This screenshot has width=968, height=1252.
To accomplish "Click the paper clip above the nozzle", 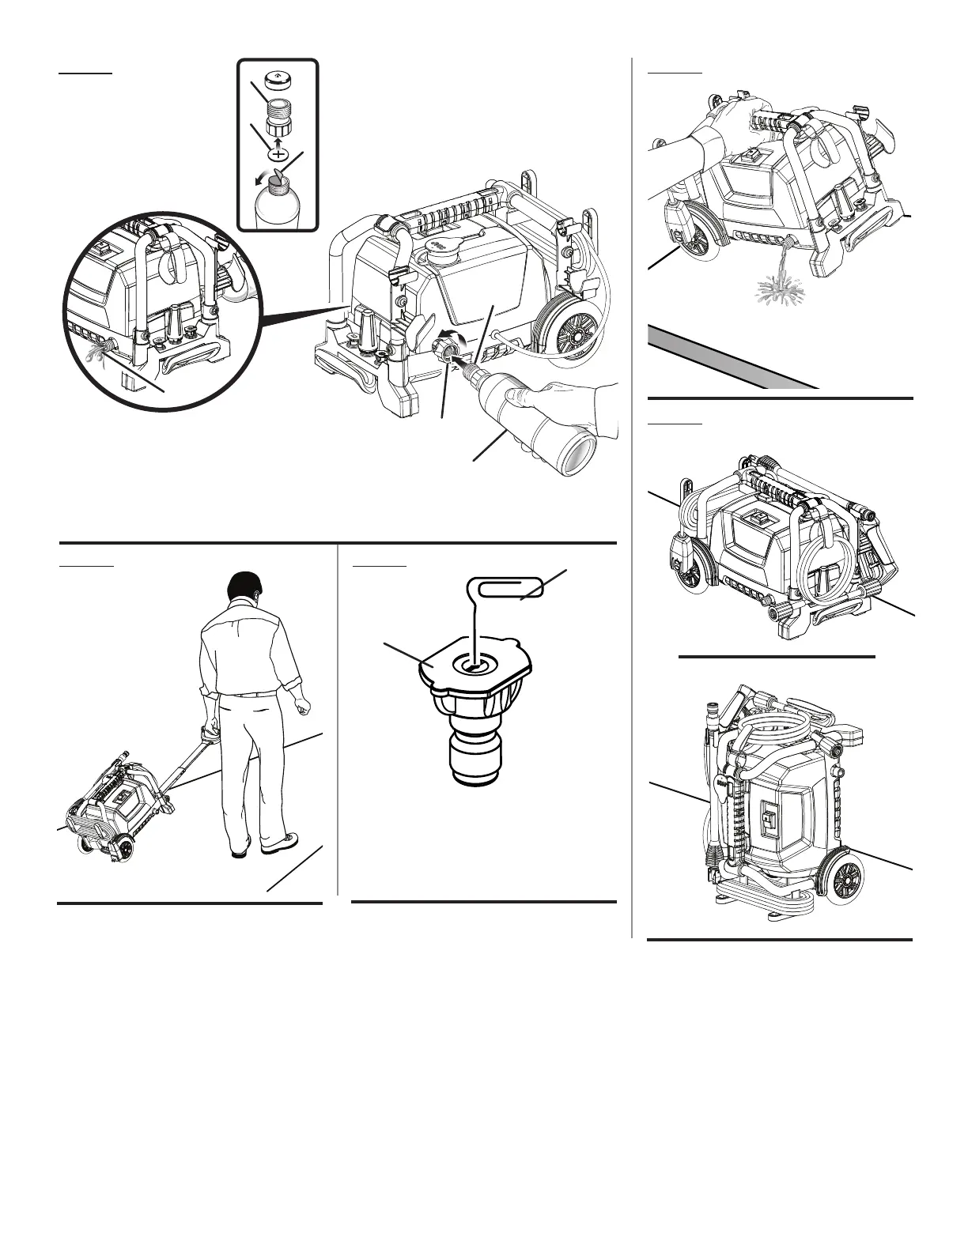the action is [x=506, y=590].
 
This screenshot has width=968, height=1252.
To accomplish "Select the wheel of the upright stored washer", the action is [x=842, y=878].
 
